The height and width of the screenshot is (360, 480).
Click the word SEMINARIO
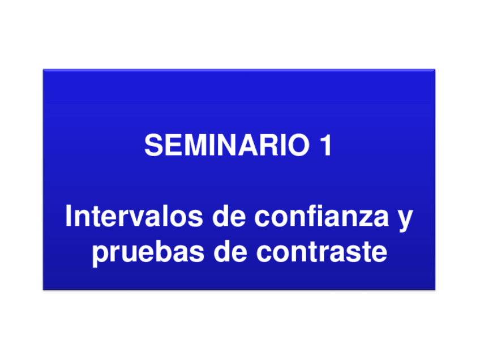[x=227, y=145]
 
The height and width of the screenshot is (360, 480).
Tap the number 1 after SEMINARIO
[x=325, y=145]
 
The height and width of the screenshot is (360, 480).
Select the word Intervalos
[x=134, y=216]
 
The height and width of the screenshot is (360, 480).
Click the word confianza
[x=322, y=216]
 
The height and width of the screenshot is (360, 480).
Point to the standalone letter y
[x=404, y=220]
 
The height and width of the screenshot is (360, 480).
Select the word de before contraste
[x=230, y=251]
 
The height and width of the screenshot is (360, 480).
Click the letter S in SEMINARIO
[x=153, y=145]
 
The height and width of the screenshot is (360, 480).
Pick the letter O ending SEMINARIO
[x=298, y=145]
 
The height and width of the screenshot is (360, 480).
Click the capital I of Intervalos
[x=68, y=216]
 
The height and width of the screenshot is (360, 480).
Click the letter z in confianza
[x=363, y=219]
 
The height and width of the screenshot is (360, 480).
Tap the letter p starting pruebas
[x=101, y=256]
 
